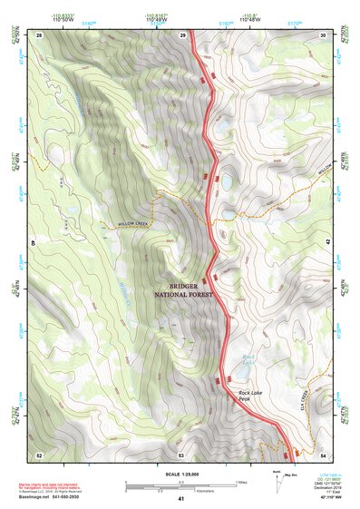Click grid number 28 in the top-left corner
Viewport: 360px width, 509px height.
[39, 34]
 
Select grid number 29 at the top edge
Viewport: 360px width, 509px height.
[182, 34]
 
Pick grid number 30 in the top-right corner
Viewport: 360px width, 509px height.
[323, 34]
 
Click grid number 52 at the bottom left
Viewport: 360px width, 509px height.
[39, 454]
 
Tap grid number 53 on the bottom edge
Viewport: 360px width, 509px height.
[181, 454]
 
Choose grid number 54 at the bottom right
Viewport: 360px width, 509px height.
[323, 454]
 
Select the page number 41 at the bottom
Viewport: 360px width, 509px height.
[181, 499]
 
